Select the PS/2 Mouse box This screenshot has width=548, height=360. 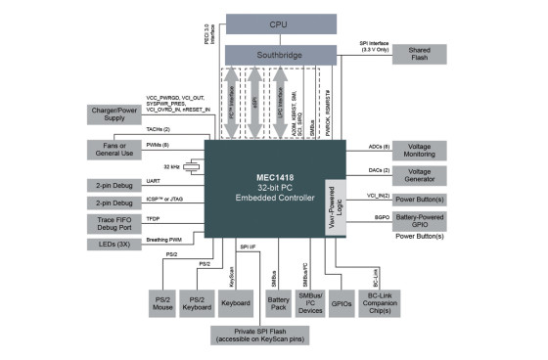pyautogui.click(x=161, y=302)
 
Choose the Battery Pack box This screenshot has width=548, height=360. pyautogui.click(x=280, y=302)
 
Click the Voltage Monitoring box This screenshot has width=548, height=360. pyautogui.click(x=420, y=150)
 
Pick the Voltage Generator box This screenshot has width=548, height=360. pyautogui.click(x=420, y=177)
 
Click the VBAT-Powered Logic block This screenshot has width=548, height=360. pyautogui.click(x=334, y=207)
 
